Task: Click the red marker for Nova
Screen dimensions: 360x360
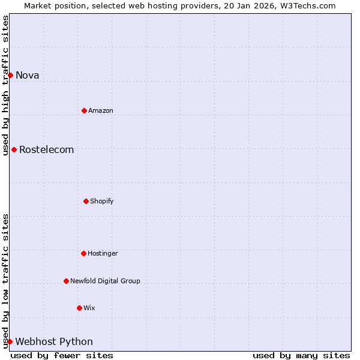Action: click(10, 75)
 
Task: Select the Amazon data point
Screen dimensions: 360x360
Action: click(84, 110)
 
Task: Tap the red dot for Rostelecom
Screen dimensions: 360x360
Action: click(14, 149)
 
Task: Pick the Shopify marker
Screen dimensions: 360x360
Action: click(86, 201)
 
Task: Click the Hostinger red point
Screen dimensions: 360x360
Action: click(83, 253)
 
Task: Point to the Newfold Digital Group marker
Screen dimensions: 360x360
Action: click(66, 281)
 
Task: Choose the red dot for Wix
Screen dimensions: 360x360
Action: click(79, 308)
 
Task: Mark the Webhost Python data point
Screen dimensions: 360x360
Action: click(10, 341)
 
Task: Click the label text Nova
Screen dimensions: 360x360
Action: click(27, 75)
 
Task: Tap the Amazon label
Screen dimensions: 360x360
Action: click(101, 110)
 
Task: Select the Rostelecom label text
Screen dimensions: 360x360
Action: click(46, 149)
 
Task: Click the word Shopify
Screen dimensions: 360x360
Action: click(102, 201)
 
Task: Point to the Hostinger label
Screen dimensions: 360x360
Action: click(103, 253)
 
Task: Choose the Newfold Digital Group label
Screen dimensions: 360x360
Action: click(105, 281)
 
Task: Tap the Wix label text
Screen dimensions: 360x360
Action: click(89, 308)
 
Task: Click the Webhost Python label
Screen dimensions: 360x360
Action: click(54, 341)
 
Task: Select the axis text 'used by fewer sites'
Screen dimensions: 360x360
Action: click(62, 355)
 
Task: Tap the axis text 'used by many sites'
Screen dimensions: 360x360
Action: click(301, 355)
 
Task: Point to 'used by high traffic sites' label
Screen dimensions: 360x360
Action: click(5, 85)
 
